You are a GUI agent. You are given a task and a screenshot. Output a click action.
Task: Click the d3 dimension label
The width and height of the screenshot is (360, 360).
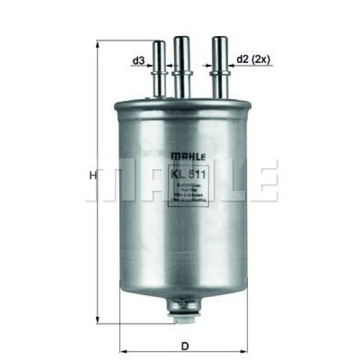pos(138,61)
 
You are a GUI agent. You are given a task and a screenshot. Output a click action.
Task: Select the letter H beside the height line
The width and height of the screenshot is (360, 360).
pos(92,176)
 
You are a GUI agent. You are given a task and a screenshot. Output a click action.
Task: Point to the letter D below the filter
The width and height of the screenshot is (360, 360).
pos(185,346)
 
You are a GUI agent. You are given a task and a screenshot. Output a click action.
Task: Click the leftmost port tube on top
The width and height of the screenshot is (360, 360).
pos(159,69)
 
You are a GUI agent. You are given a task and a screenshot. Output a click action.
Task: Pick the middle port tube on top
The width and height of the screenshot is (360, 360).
pos(181,66)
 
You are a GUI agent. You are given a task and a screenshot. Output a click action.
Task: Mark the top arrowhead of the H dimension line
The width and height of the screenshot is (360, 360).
pos(97,44)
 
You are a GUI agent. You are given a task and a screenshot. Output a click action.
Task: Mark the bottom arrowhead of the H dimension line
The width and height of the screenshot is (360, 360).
pos(97,321)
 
